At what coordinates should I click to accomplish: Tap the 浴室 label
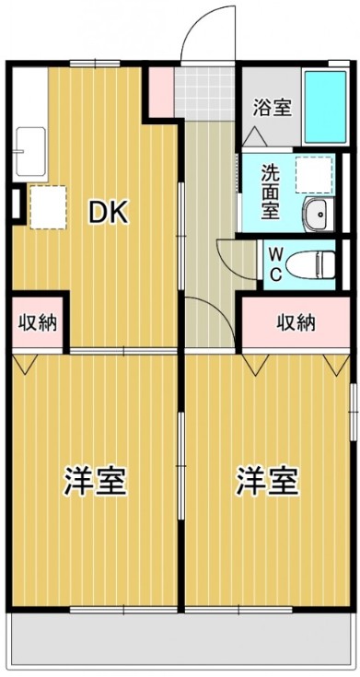[x=273, y=108]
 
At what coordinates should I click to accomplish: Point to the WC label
[x=275, y=263]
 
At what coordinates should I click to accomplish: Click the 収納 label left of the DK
[x=38, y=322]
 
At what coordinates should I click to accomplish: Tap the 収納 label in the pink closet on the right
[x=297, y=322]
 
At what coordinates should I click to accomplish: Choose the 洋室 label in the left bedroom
[x=95, y=481]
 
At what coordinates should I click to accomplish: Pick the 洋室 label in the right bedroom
[x=267, y=481]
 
